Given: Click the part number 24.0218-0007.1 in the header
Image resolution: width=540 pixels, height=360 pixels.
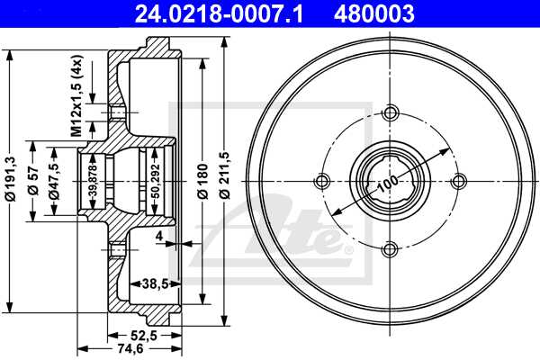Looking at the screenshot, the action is [x=219, y=13].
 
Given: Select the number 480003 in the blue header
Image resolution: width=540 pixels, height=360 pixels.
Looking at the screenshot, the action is [x=374, y=13].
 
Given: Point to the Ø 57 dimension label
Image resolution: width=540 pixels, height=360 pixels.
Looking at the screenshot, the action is [x=32, y=181].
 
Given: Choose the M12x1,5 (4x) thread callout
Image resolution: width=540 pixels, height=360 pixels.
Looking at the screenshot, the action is [x=76, y=95].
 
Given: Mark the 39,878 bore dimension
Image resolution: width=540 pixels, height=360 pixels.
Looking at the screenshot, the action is [x=93, y=181].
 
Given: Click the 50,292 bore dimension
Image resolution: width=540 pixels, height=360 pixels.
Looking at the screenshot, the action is [x=156, y=181].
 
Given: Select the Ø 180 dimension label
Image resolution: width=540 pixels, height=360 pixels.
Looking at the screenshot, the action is [x=202, y=181].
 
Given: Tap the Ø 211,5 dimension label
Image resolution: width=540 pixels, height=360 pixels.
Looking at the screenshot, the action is [x=224, y=175].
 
